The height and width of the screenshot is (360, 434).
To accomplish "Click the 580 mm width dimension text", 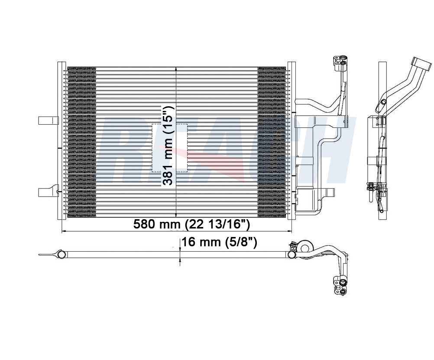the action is click(x=191, y=224).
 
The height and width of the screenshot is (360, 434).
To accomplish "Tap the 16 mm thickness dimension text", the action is click(x=219, y=242).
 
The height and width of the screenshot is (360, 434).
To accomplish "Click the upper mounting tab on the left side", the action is click(x=49, y=120).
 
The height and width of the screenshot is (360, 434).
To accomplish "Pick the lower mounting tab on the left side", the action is click(x=49, y=192).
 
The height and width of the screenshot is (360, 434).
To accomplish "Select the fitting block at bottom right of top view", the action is click(x=340, y=286).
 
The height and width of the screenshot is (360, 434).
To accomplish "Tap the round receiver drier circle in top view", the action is click(x=306, y=247).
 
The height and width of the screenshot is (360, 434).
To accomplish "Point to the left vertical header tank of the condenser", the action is click(x=62, y=141).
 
